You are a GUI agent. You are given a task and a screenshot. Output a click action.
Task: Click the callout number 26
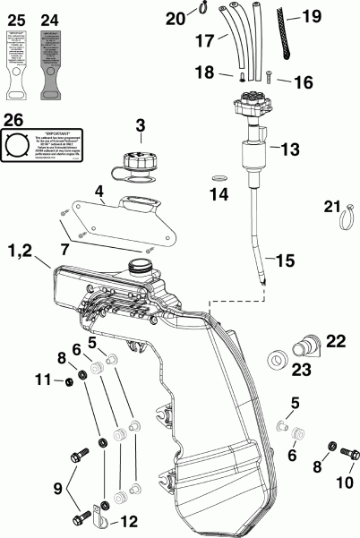[14, 119]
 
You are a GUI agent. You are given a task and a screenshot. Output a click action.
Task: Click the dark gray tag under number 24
[51, 59]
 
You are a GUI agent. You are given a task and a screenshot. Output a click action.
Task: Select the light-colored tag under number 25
[17, 59]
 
